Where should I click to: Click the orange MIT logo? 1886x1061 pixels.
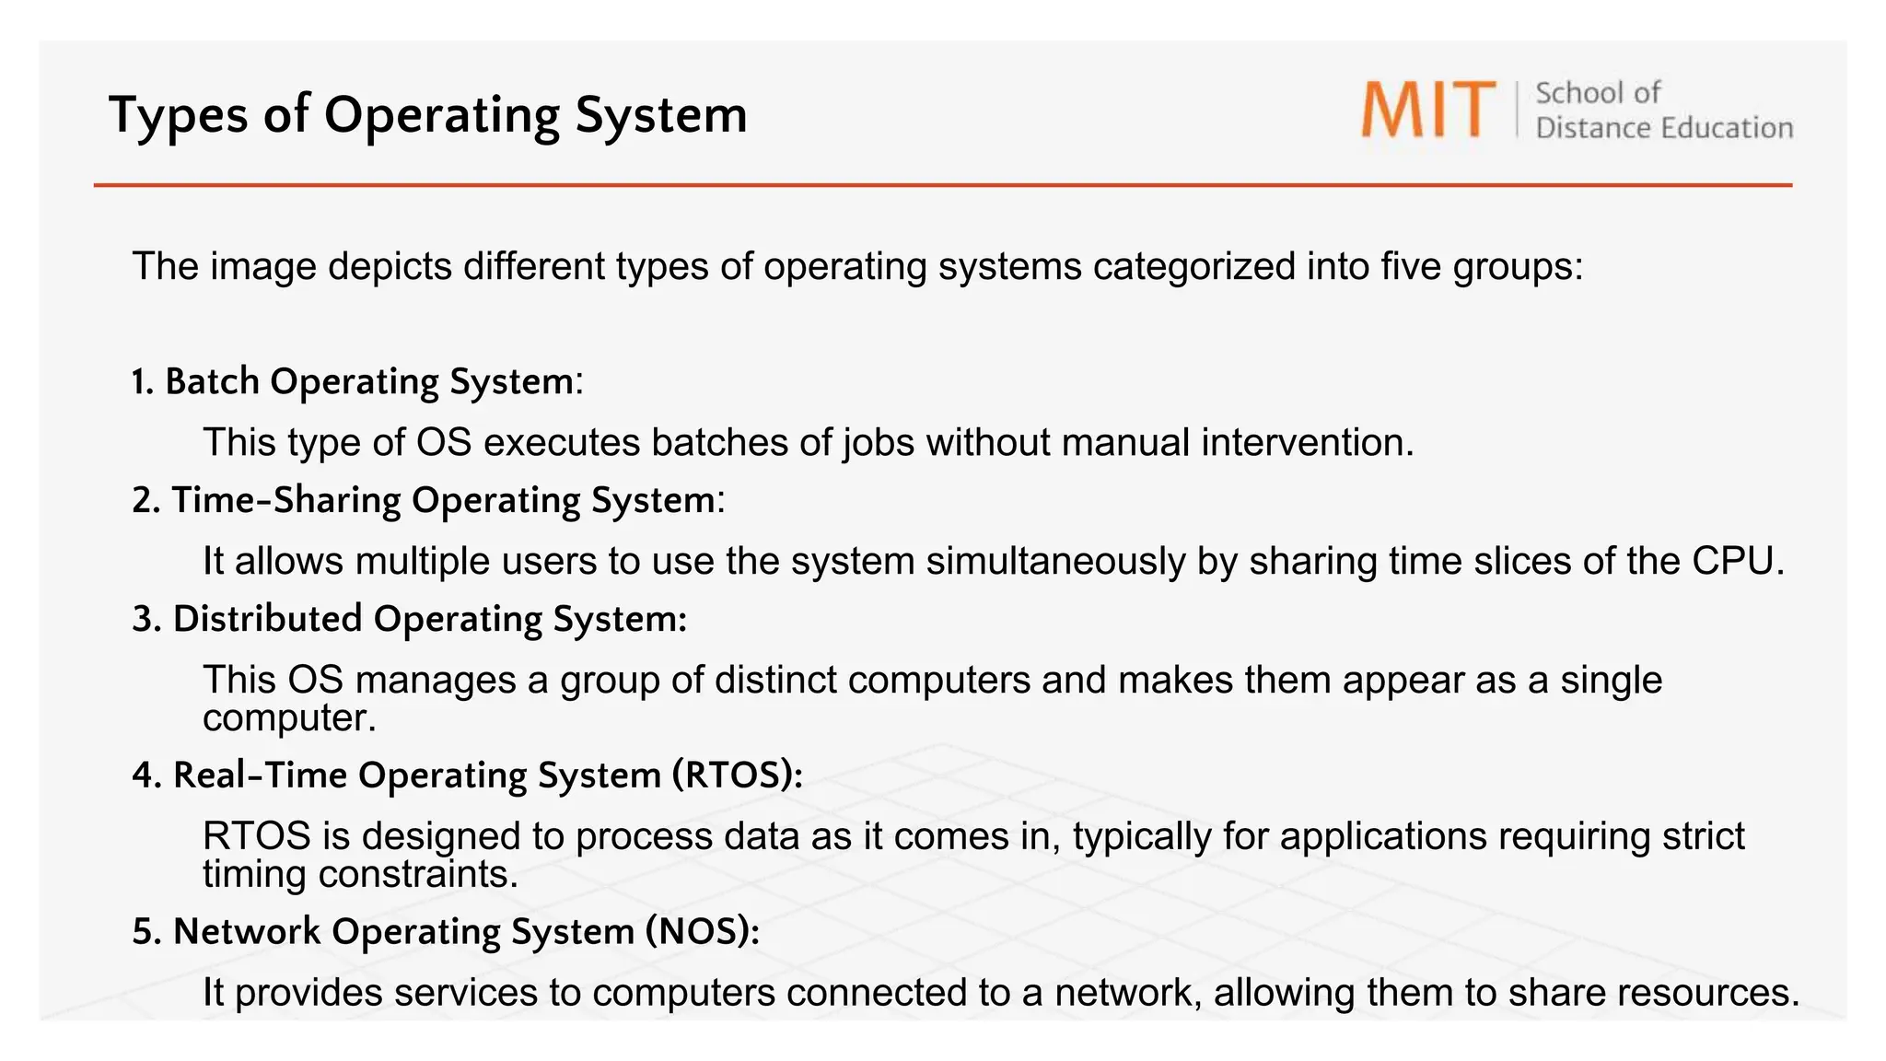[x=1428, y=110]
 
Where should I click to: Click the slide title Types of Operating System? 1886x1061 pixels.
[x=428, y=115]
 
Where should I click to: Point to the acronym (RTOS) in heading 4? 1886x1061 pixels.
[x=737, y=775]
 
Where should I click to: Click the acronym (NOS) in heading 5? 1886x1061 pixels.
[x=703, y=931]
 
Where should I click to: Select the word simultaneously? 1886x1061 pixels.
[x=1055, y=561]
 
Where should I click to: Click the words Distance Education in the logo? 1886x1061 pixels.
[x=1664, y=128]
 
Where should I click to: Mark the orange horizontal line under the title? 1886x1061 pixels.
[x=943, y=185]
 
